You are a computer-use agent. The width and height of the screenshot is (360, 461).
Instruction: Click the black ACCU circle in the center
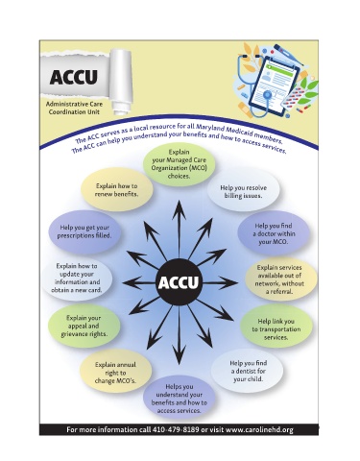click(179, 282)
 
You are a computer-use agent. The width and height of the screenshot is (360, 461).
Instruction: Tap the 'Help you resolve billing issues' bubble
click(243, 190)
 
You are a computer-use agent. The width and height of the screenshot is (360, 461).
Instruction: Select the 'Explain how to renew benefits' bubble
click(117, 189)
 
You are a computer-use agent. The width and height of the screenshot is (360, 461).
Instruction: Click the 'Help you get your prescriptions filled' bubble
click(84, 231)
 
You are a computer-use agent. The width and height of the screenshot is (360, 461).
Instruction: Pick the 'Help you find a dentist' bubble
click(248, 371)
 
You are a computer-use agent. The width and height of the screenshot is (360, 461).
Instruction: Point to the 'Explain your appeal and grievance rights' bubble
click(84, 327)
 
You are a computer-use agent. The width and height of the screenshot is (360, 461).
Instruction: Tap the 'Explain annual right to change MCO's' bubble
click(115, 372)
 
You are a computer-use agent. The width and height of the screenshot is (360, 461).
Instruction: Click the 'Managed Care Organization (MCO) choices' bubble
click(180, 164)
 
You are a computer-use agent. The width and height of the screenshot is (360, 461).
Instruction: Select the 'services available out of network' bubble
click(280, 279)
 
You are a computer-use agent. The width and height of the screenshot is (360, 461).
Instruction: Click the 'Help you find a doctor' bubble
click(274, 233)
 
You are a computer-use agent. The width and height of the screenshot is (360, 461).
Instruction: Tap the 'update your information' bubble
click(77, 278)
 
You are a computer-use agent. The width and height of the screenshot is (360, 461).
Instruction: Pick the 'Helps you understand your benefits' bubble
click(180, 399)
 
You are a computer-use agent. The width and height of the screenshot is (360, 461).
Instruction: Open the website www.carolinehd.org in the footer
click(259, 429)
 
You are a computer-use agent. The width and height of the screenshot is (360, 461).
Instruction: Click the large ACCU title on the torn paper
click(74, 77)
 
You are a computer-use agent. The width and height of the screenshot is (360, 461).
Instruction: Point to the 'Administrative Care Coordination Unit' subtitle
click(74, 109)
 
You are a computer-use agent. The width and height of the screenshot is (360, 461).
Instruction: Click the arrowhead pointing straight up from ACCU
click(179, 208)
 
